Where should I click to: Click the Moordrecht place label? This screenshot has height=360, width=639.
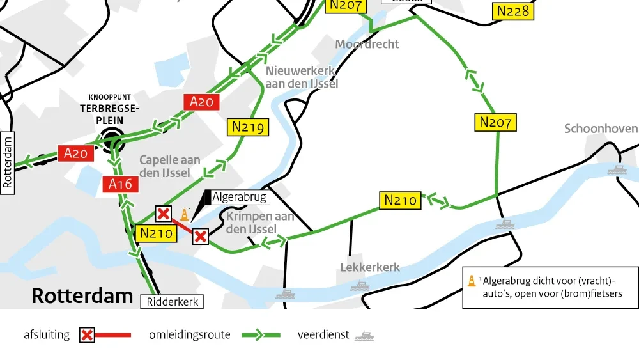coord(367,44)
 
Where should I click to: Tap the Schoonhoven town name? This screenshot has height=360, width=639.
coord(600,129)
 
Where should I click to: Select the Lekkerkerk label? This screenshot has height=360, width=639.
coord(370,267)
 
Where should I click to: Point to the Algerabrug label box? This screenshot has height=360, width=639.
coord(239,197)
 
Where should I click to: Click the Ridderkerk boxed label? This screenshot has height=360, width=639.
coord(172,302)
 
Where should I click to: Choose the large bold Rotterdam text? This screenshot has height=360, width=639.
coord(82,296)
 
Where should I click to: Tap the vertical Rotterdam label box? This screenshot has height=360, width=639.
coord(8,160)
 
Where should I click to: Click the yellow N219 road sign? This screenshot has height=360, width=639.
coord(248,127)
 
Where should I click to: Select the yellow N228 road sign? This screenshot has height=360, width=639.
coord(513,12)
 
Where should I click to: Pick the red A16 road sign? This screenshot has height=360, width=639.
coord(120,185)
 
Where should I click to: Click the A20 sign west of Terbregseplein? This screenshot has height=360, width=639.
coord(75,153)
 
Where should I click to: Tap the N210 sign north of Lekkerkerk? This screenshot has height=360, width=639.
coord(401,200)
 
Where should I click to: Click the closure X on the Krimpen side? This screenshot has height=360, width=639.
coord(201,237)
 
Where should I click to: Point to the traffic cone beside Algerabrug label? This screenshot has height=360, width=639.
coord(185,215)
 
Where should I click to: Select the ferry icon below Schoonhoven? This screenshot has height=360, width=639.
coord(617,169)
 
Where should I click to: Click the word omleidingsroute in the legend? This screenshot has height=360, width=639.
coord(190,334)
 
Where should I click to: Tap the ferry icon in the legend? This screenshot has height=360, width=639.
coord(364,335)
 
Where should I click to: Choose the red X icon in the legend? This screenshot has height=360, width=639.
coord(88,335)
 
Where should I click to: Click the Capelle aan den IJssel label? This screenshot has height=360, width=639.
coord(169,166)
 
